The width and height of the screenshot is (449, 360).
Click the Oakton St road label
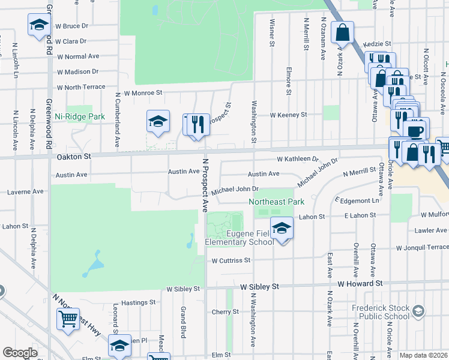[73, 156]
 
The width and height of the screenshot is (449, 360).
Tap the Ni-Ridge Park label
[80, 117]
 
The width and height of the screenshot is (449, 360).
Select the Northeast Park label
[277, 202]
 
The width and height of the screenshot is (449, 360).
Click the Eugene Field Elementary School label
[240, 238]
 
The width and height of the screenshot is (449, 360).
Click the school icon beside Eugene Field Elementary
[281, 228]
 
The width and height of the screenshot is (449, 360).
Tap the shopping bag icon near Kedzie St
[342, 32]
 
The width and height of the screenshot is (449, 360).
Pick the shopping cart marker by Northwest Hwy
[68, 319]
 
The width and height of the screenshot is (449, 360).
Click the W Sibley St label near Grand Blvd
[182, 289]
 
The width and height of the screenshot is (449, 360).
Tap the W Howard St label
[360, 283]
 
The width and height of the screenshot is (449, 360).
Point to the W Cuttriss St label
[231, 260]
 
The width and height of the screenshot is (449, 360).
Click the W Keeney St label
[288, 114]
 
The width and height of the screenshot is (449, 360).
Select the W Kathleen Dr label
[297, 159]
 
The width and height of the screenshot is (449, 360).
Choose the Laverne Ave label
[25, 192]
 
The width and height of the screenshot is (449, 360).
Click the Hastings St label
[138, 304]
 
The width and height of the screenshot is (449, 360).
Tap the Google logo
[20, 353]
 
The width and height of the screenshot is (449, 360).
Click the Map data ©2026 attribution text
[423, 355]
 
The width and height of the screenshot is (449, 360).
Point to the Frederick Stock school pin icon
[418, 311]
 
